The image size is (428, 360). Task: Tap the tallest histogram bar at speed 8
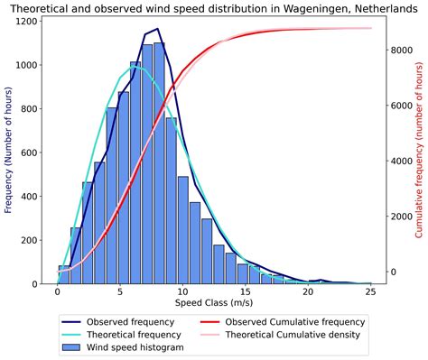(x=159, y=162)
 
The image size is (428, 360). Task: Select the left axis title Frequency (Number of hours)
(x=9, y=152)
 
